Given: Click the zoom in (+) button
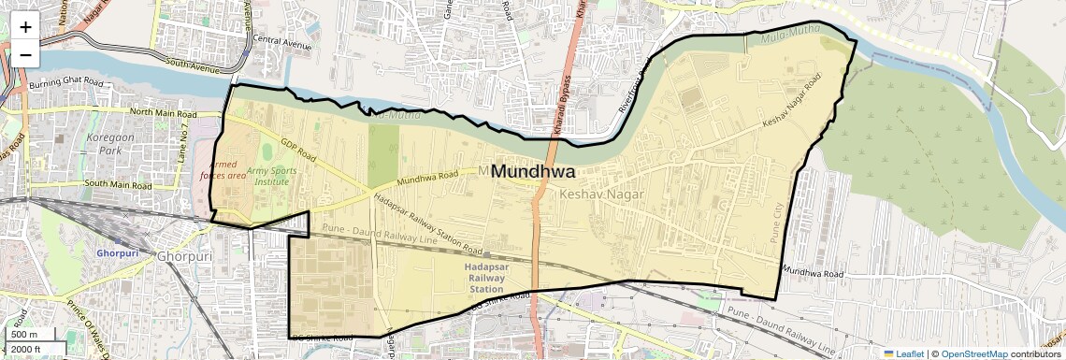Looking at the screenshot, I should point(25,26).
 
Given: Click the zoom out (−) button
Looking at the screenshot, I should point(25,54).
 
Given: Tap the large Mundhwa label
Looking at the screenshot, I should point(532,172).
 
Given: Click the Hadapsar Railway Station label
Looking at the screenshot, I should point(485,278).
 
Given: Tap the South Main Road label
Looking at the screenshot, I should point(118,183).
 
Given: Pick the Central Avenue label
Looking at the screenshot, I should point(281,40).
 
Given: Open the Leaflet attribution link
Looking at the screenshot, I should point(904,353).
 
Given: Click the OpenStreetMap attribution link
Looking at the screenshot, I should point(973,353).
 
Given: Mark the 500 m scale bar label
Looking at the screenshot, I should point(25,335).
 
